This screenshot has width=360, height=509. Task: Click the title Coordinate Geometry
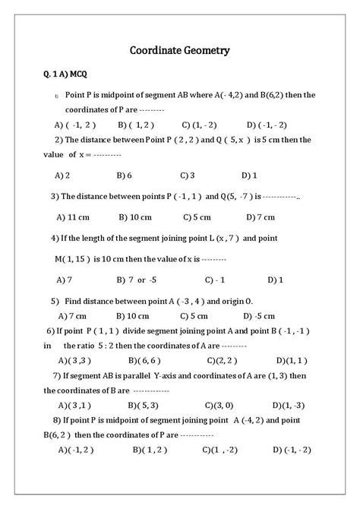pos(179,51)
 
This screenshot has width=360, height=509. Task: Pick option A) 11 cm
pos(74,216)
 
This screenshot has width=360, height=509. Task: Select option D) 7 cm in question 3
pos(261,216)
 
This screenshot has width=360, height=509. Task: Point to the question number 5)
pos(55,300)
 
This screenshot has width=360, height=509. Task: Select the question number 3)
pos(55,195)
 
